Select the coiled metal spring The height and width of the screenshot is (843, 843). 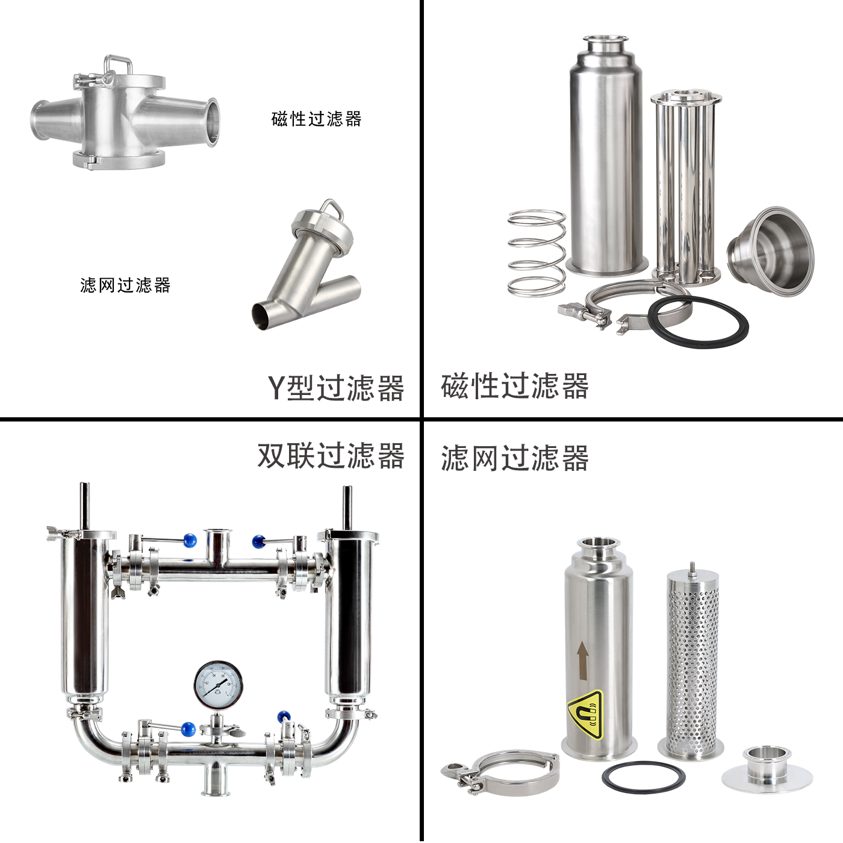click(x=537, y=253)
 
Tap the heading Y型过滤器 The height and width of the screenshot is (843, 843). click(x=335, y=388)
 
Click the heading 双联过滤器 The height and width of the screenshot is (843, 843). click(x=331, y=456)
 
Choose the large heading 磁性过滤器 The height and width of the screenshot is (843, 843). click(x=514, y=386)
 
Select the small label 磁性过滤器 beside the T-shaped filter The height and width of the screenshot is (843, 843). click(x=316, y=119)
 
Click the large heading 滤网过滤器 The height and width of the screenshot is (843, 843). click(x=514, y=458)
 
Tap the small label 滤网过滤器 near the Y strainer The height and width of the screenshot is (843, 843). click(x=125, y=285)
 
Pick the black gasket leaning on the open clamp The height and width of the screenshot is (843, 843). click(x=698, y=322)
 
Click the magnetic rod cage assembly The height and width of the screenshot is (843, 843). click(x=686, y=186)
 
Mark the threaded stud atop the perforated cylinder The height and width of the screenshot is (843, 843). click(x=692, y=568)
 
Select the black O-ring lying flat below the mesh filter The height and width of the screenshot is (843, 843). click(x=643, y=776)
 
